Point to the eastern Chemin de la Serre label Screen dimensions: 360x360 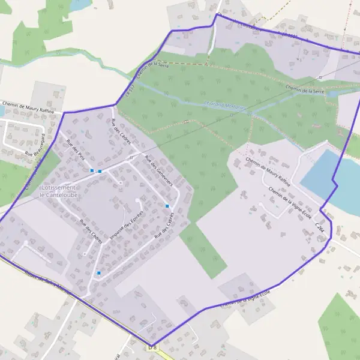coord(305,90)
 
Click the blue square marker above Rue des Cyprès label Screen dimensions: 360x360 coord(167,206)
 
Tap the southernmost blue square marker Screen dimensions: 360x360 coord(99,274)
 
